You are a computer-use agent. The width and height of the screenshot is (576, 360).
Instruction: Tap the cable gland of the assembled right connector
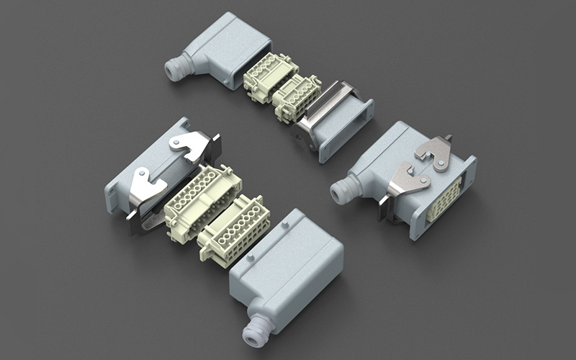[344, 191]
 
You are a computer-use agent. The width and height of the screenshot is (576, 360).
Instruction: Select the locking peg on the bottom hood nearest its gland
[251, 257]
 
